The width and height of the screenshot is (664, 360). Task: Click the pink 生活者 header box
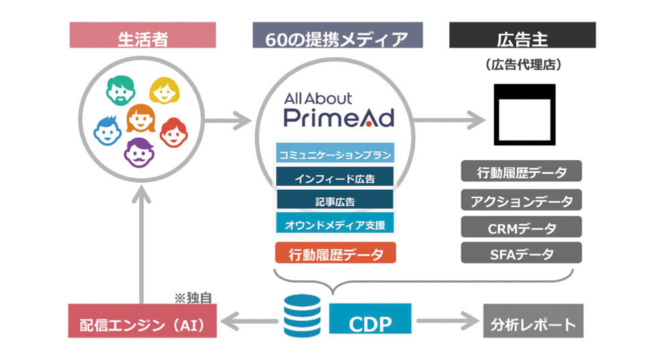coord(143,35)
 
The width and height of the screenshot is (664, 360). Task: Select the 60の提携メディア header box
coord(337,35)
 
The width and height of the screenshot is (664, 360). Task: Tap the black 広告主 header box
coord(522,35)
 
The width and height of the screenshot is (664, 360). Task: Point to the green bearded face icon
coord(121,90)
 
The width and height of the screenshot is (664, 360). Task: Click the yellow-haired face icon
coord(165,90)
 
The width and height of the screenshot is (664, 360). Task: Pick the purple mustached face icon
coord(139,153)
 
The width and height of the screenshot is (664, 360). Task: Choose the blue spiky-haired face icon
coord(107,131)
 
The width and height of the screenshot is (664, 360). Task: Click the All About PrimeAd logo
coord(339,110)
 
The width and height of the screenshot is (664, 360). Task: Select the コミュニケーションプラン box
coord(335,153)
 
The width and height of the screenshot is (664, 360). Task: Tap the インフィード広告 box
coord(335,176)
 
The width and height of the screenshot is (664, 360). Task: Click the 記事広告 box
coord(335,199)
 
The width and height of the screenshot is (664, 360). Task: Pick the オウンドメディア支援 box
coord(335,223)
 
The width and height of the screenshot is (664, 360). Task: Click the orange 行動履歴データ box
coord(335,253)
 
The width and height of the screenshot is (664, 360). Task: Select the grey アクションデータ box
coord(521,200)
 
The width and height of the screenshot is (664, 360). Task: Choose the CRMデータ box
coord(521,227)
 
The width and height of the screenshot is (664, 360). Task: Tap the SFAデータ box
coord(521,253)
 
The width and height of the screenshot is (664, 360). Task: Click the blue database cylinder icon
coord(303,316)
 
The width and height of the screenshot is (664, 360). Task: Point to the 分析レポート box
coord(533,321)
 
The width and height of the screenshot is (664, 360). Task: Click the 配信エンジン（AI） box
coord(142,321)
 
